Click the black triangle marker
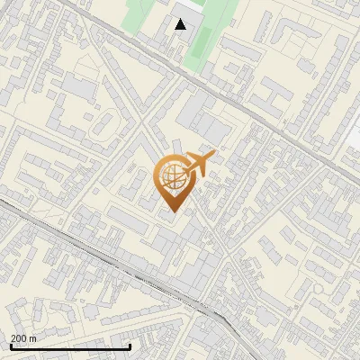[181, 24]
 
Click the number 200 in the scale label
[19, 338]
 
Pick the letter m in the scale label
[33, 338]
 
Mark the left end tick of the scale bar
[8, 346]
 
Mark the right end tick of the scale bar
[130, 346]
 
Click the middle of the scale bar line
[69, 347]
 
